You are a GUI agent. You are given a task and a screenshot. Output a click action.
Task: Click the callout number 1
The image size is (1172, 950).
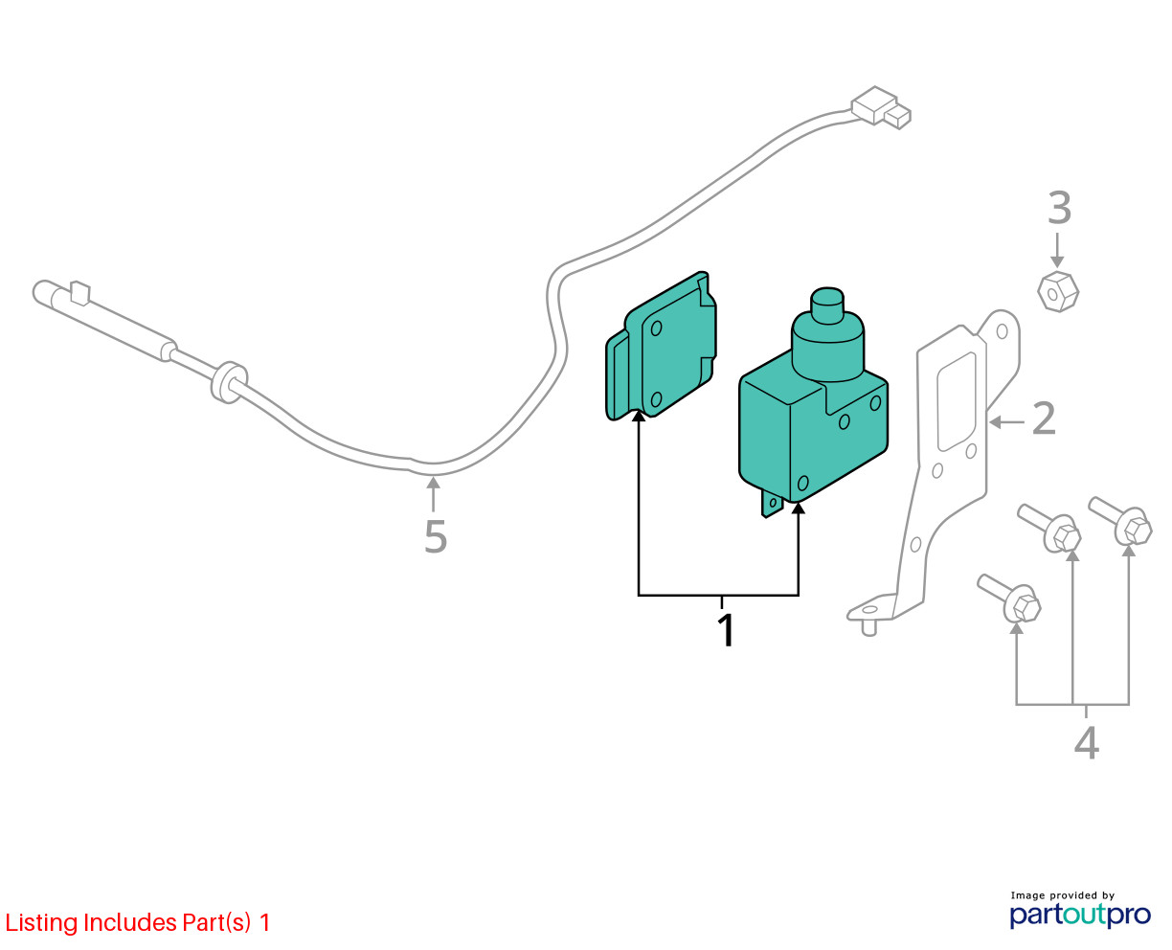[726, 631]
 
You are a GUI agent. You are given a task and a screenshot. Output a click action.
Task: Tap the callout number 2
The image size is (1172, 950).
[1044, 418]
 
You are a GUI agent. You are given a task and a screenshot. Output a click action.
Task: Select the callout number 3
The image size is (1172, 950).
[1059, 208]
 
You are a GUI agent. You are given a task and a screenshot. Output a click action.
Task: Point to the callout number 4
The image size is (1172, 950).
[1087, 743]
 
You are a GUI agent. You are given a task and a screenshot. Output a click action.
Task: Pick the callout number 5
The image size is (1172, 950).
[436, 536]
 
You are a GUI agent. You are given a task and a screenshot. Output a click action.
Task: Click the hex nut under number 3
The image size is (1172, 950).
[1057, 291]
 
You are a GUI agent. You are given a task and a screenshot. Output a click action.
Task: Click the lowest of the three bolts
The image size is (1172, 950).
[1009, 599]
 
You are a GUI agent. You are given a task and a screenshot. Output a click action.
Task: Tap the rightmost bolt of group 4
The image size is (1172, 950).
[1120, 521]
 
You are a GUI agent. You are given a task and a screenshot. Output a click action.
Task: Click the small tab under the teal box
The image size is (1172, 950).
[772, 503]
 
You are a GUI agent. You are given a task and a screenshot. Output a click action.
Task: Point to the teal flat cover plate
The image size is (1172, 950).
[661, 346]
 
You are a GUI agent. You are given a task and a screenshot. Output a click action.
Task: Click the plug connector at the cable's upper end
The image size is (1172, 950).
[880, 108]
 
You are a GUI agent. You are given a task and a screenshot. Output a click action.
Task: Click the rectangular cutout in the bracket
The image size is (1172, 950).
[957, 401]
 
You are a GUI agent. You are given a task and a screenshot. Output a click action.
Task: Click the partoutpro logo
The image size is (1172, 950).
[1080, 915]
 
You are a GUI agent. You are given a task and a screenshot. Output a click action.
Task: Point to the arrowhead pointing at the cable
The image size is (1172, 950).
[433, 483]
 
